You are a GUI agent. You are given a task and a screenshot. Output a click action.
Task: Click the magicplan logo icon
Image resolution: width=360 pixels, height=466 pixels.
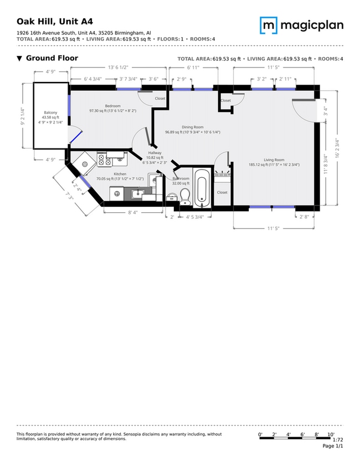tap(269, 25)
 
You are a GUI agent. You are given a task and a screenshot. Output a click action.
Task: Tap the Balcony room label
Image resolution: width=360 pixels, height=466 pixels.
tap(50, 112)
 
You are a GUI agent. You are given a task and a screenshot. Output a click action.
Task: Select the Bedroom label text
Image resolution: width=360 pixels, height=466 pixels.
tap(113, 106)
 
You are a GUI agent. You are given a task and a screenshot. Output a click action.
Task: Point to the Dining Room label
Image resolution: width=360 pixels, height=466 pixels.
tap(193, 127)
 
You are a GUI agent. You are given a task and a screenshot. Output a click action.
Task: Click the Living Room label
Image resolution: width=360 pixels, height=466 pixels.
tap(274, 160)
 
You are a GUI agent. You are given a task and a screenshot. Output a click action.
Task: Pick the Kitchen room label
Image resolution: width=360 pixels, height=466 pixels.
tap(120, 174)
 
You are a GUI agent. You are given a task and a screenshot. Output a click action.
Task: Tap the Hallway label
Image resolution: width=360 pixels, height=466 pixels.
tap(155, 153)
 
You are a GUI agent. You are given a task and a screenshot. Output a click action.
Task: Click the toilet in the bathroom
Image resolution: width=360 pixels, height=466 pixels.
tap(186, 197)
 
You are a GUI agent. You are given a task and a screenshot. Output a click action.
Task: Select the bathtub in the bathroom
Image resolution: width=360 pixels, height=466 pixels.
tap(202, 188)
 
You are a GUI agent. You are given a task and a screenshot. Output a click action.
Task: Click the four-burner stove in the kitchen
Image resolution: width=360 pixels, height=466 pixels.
tap(104, 159)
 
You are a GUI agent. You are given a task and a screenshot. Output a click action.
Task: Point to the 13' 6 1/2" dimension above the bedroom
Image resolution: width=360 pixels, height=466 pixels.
tap(118, 68)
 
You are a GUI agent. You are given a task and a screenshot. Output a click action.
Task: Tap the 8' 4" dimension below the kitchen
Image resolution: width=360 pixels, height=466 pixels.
tap(133, 212)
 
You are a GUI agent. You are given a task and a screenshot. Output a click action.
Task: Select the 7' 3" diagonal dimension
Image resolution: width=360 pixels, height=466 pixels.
tap(69, 197)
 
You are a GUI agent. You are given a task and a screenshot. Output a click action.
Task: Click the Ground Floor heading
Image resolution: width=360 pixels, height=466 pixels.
tap(52, 58)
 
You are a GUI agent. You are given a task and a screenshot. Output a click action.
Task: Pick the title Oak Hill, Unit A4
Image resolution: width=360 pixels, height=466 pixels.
tap(55, 22)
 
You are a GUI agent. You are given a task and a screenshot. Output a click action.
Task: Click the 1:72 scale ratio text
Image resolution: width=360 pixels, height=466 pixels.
tap(338, 440)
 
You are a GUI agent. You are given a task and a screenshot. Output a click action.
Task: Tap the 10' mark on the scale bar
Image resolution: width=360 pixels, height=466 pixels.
tap(331, 434)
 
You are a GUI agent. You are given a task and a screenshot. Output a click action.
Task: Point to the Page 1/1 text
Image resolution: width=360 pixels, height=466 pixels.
tap(333, 446)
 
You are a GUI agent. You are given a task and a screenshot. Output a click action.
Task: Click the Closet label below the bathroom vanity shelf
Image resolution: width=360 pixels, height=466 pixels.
tap(222, 192)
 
